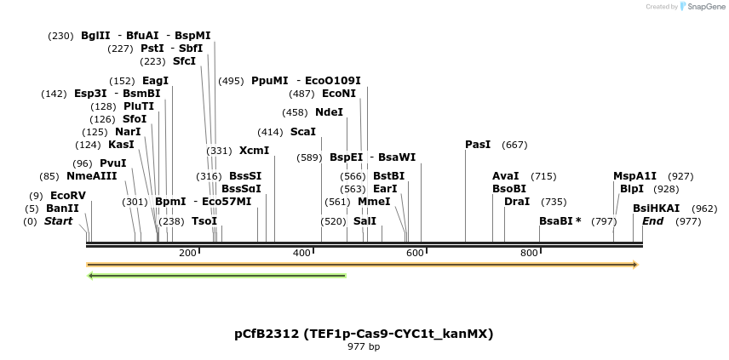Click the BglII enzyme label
pyautogui.click(x=95, y=36)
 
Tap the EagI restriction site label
pyautogui.click(x=155, y=81)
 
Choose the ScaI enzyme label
pyautogui.click(x=302, y=132)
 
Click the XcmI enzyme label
pyautogui.click(x=254, y=151)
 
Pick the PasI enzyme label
pyautogui.click(x=478, y=145)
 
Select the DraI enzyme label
pyautogui.click(x=517, y=202)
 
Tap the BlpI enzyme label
pyautogui.click(x=631, y=189)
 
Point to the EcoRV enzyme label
pyautogui.click(x=68, y=196)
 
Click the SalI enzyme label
pyautogui.click(x=364, y=221)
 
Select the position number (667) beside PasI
pyautogui.click(x=514, y=145)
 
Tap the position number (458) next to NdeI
pyautogui.click(x=295, y=112)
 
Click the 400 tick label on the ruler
pyautogui.click(x=301, y=254)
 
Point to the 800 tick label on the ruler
pyautogui.click(x=529, y=254)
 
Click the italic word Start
pyautogui.click(x=59, y=221)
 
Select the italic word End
pyautogui.click(x=652, y=221)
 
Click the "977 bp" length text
pyautogui.click(x=364, y=346)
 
